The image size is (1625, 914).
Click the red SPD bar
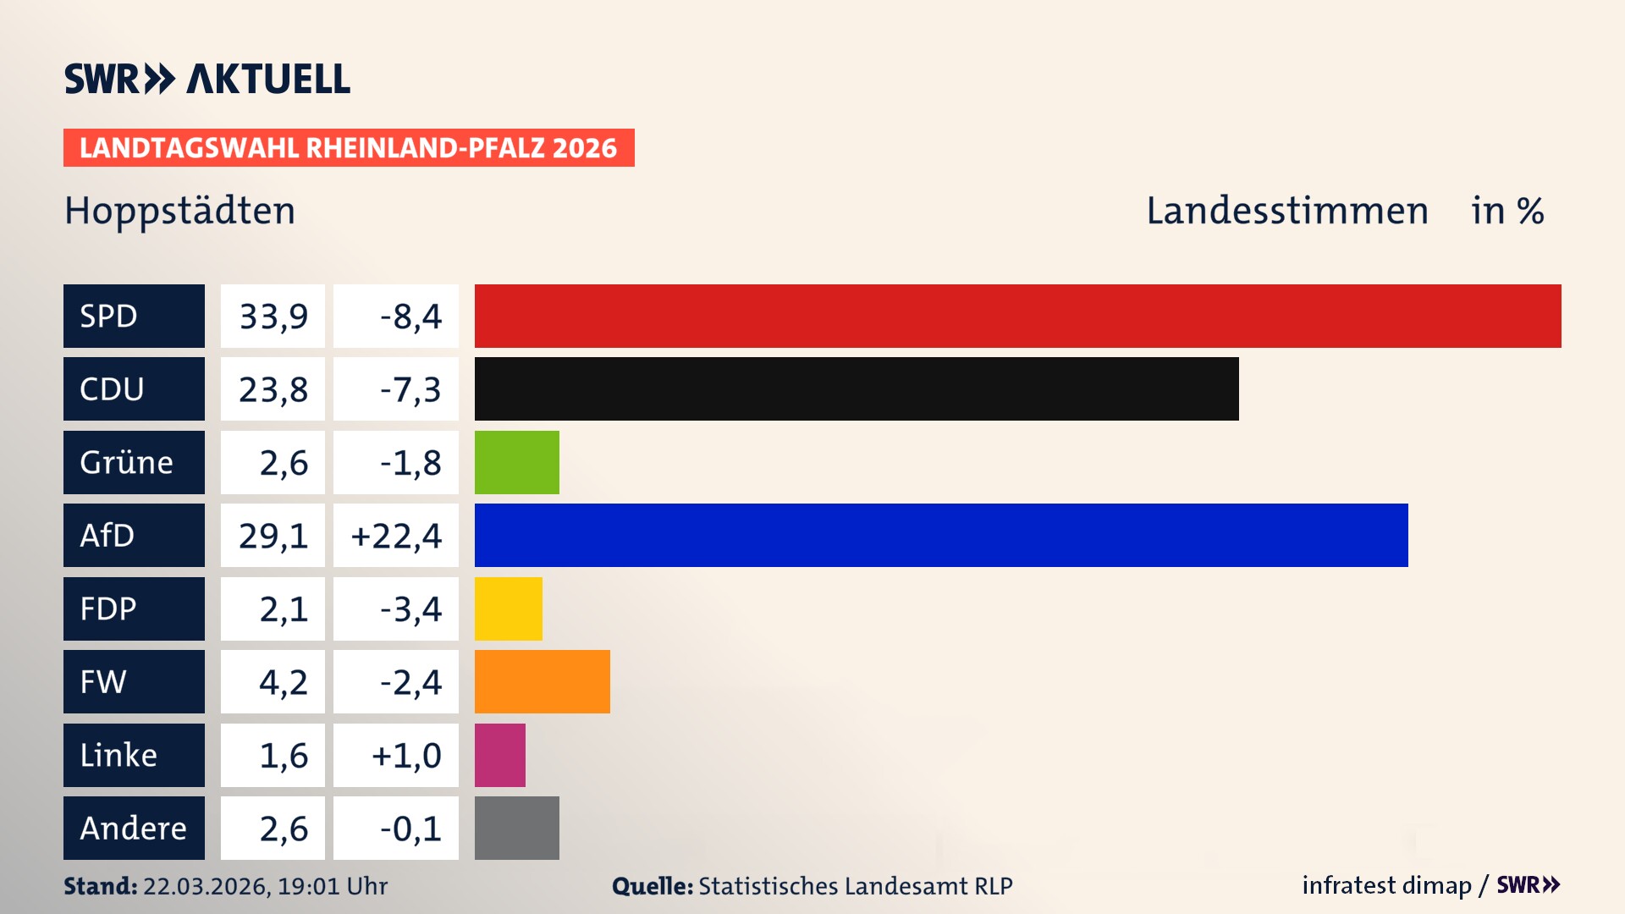coord(1017,316)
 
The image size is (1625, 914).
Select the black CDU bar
coord(857,388)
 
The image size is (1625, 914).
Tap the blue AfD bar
coord(941,535)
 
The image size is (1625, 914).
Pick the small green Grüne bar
coord(516,462)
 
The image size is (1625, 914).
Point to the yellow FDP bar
coord(508,608)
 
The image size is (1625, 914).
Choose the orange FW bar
coord(542,681)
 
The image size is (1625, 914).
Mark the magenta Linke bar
coord(499,755)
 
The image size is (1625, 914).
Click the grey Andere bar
coord(516,828)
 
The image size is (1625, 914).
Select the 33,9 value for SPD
coord(273,317)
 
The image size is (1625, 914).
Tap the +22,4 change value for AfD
coord(396,536)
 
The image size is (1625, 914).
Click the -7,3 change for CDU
coord(410,389)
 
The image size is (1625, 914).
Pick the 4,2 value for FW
coord(284,682)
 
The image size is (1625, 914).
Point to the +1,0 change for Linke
coord(406,755)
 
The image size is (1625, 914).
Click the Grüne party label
coord(127,462)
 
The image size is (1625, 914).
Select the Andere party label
coord(133,828)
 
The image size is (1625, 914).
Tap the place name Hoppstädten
coord(180,211)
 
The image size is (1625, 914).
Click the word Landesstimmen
coord(1287,211)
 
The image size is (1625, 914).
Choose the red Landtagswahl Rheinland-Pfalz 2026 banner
coord(349,148)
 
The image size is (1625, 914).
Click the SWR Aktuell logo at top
coord(207,79)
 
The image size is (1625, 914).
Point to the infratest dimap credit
coord(1386,885)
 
